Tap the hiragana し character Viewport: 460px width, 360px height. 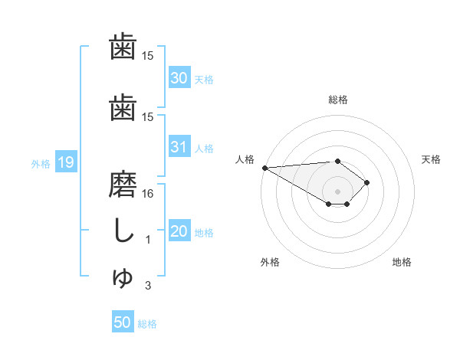click(x=123, y=232)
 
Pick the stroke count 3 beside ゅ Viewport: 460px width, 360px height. click(x=149, y=286)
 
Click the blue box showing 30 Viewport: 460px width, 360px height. click(x=179, y=78)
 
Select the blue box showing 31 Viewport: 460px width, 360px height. click(x=179, y=147)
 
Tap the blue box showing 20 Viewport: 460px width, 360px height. click(x=179, y=231)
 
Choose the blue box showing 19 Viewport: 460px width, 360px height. click(x=65, y=162)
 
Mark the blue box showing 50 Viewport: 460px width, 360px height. click(x=123, y=322)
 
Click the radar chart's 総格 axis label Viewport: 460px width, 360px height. click(x=337, y=100)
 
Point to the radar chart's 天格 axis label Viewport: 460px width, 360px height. click(x=431, y=159)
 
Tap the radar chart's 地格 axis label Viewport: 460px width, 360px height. click(x=402, y=262)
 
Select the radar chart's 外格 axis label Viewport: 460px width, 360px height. click(x=270, y=262)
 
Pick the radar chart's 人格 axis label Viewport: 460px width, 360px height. click(x=244, y=159)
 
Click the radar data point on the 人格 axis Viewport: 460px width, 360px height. click(x=264, y=168)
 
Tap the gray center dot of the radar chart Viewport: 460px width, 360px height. click(x=337, y=191)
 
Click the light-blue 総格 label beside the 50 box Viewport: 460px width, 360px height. click(x=147, y=324)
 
